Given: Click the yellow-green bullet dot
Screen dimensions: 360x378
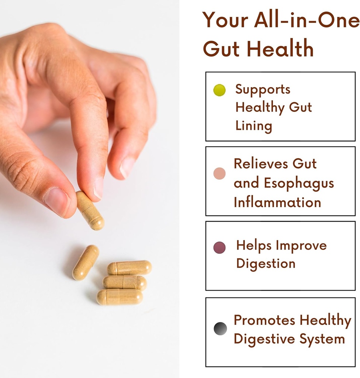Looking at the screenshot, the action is point(219,90).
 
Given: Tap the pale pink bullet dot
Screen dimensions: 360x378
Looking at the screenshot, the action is point(219,173).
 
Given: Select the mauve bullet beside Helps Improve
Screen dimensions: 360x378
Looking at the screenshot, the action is point(219,248).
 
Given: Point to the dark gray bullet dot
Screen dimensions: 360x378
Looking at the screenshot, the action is point(220,329).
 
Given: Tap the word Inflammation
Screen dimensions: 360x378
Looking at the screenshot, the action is point(277,202).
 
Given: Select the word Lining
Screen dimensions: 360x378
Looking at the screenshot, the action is point(254,126).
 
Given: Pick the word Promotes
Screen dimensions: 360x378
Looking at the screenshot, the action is point(264,320).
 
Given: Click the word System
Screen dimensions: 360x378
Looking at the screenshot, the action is point(322,340).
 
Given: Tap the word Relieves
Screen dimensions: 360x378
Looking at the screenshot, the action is point(261,164).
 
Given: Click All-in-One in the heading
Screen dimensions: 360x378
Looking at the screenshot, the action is point(307,20).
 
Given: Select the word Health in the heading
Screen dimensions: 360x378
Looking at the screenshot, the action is point(280,49).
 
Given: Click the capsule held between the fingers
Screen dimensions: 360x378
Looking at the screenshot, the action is point(90,210).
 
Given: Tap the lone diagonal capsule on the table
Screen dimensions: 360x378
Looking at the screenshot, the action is point(86,262).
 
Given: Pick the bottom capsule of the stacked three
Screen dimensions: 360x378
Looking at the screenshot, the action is point(120,297).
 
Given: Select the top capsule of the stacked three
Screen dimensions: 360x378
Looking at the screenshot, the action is point(129,268).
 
